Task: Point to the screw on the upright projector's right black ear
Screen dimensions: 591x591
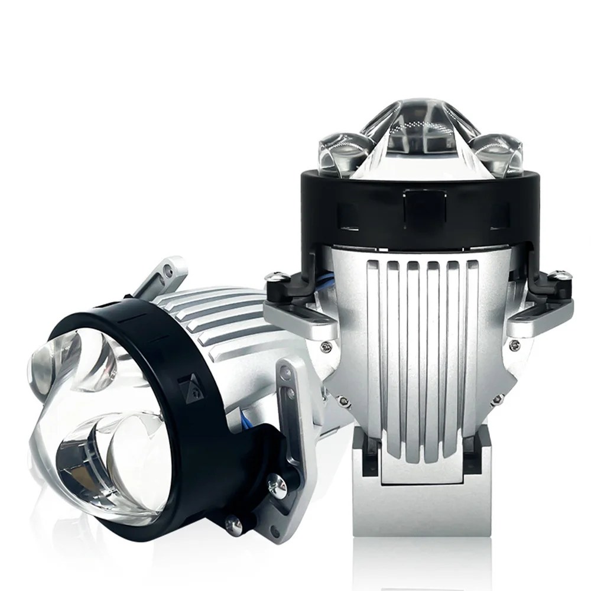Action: click(559, 275)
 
